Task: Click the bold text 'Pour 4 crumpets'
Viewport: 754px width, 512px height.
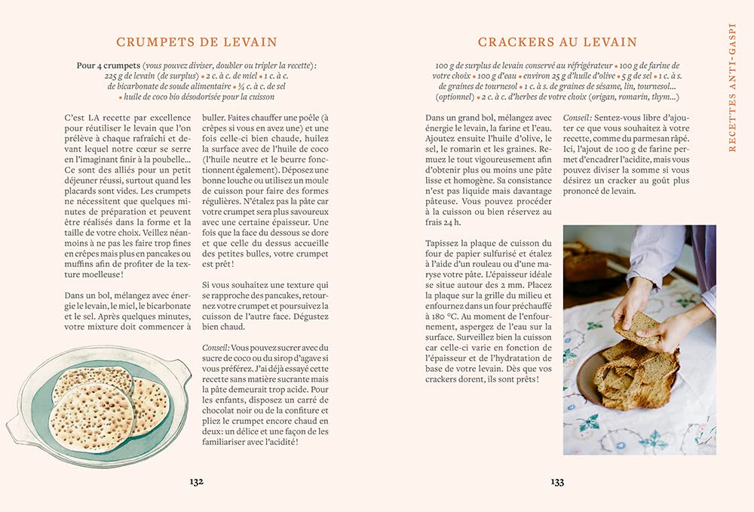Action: (x=109, y=66)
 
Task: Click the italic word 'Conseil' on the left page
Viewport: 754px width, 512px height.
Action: (x=216, y=348)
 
